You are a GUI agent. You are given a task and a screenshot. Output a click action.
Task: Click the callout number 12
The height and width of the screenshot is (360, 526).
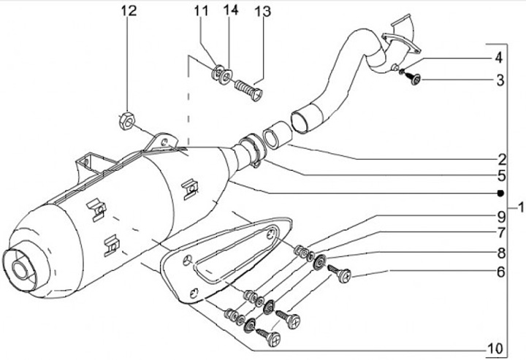point(129,11)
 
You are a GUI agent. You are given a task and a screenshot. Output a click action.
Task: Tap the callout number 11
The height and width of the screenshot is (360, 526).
point(201,11)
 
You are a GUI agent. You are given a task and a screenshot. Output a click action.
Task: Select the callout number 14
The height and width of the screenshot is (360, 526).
point(232,10)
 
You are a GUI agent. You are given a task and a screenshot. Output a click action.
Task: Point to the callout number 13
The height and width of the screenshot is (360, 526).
point(262,12)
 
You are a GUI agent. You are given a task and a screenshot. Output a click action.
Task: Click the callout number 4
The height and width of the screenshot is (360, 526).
point(499,58)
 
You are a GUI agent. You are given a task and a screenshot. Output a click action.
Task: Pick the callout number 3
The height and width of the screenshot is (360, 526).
point(500,80)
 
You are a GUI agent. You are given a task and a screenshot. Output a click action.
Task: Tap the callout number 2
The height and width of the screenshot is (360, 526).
point(501,159)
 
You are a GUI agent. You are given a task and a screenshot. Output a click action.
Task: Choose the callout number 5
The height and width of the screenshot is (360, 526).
point(501,175)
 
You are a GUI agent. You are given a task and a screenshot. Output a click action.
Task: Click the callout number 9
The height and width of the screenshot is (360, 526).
point(501,217)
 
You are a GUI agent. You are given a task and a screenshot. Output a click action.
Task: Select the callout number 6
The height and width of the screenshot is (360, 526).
point(500,272)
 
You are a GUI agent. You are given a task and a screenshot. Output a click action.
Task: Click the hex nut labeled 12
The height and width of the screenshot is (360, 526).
point(126,121)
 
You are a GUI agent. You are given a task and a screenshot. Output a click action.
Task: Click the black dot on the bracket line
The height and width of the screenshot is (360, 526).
point(500,193)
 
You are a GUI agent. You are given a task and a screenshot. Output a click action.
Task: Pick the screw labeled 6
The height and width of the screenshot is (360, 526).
point(339,273)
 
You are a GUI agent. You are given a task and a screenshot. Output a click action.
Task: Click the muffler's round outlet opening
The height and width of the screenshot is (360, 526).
point(20,269)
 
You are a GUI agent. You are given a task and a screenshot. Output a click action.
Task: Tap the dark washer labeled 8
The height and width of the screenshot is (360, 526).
point(319,261)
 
